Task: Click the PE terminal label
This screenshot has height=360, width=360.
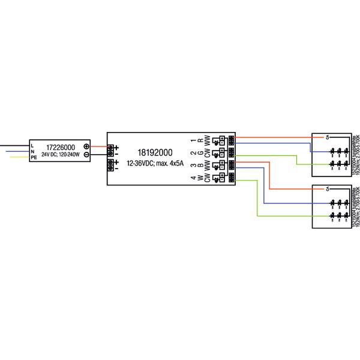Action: [34, 157]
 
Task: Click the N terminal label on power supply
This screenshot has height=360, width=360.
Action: [32, 151]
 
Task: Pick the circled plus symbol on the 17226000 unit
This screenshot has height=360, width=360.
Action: [86, 146]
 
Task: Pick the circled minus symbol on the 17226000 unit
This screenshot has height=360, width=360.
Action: [86, 154]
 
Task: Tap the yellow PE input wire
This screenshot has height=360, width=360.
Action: [15, 157]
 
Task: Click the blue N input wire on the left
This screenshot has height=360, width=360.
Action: [15, 151]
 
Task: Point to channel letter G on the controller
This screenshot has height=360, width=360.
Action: [199, 153]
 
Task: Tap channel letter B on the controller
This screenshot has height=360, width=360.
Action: [199, 165]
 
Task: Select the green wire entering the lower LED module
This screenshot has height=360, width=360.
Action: [282, 215]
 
